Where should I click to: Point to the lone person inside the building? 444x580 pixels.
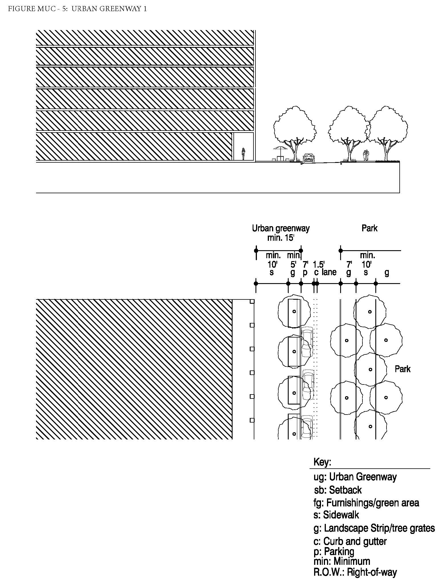243,154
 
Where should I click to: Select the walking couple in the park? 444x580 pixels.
365,156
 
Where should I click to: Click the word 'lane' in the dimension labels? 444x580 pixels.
329,272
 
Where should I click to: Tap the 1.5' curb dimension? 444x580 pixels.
318,264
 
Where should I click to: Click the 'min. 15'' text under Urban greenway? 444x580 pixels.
281,238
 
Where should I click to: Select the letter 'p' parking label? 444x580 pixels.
305,273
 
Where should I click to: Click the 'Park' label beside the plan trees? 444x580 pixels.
403,369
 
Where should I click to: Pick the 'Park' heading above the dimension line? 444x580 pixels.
369,228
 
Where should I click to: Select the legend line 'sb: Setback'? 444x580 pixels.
338,490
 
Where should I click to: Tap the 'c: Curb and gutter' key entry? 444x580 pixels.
350,541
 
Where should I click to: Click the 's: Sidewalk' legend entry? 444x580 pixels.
336,515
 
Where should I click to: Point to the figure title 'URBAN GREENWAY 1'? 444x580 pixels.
109,9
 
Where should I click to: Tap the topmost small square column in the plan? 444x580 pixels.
252,301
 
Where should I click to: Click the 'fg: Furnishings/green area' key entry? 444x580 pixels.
366,502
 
